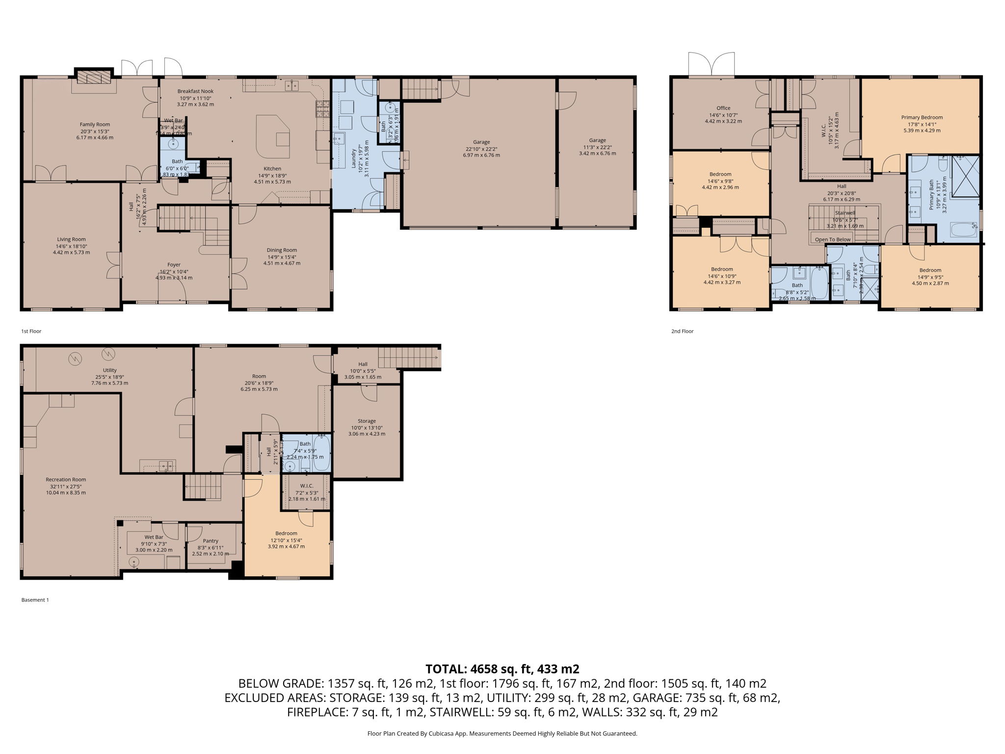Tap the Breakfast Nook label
[x=195, y=91]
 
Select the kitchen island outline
[x=272, y=134]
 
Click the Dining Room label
[x=282, y=250]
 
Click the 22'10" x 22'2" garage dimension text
[x=481, y=149]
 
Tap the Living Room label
[x=71, y=240]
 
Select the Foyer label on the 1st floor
[x=174, y=265]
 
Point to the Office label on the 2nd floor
[x=723, y=108]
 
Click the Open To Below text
[x=833, y=240]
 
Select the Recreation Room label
[x=66, y=480]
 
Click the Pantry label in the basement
[x=211, y=541]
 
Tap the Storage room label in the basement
[x=367, y=421]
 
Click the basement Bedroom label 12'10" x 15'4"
[x=286, y=533]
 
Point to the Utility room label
[x=109, y=370]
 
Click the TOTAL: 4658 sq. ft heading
[x=502, y=669]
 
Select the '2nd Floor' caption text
[x=682, y=331]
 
